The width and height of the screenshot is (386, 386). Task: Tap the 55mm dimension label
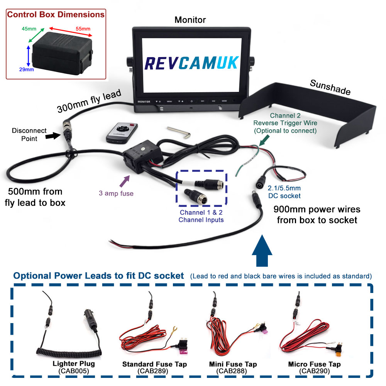point(83,29)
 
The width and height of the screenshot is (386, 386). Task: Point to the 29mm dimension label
point(26,69)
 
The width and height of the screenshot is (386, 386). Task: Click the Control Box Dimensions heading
point(56,15)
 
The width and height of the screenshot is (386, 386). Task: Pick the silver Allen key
point(179,132)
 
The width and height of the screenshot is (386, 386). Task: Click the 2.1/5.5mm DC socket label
point(284,191)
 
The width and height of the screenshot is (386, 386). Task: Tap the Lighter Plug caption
point(74,364)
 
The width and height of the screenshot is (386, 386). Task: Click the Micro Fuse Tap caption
point(314,364)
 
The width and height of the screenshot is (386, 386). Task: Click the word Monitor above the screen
point(190,20)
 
